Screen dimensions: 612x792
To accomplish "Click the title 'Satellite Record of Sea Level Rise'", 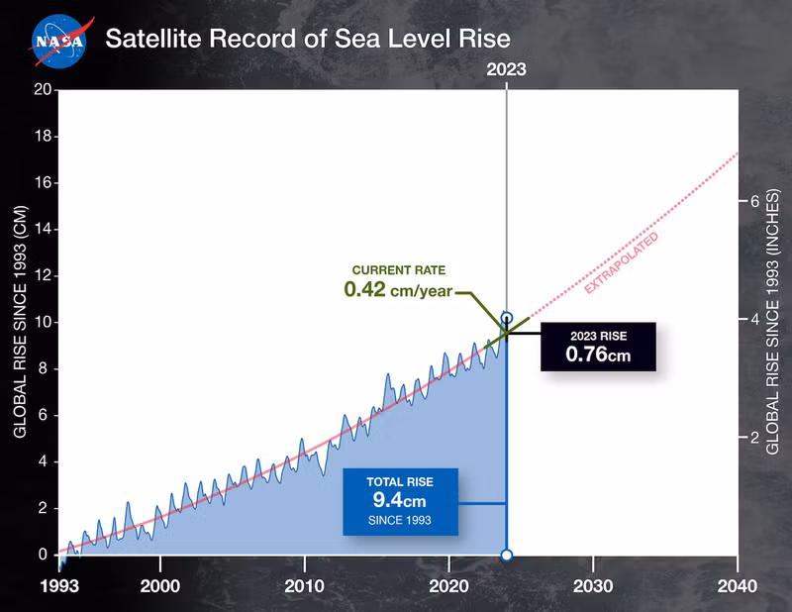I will (308, 40).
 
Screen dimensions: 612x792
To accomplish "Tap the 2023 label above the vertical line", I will (506, 69).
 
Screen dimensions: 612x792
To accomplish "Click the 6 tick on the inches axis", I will (753, 201).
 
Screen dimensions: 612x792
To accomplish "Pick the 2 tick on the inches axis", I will (753, 437).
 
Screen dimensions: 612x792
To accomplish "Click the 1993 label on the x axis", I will (58, 586).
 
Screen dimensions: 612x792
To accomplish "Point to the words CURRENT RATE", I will (399, 269).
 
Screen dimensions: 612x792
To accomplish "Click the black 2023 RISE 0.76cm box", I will (598, 346).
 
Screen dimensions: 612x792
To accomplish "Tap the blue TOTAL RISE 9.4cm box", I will (400, 501).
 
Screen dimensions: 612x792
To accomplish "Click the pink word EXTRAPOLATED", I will (621, 263).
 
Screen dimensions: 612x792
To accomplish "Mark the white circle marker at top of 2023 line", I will (507, 319).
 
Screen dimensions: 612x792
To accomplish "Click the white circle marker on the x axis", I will (507, 556).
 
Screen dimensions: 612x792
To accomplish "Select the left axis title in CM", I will (20, 323).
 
